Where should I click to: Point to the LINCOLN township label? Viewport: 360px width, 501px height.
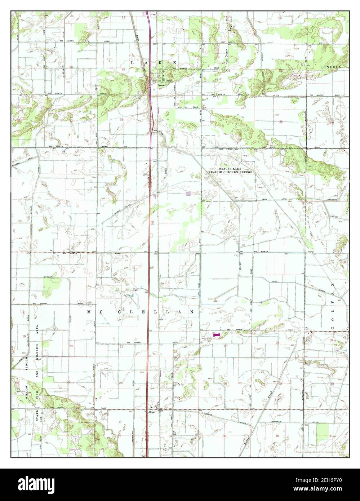(x=331, y=67)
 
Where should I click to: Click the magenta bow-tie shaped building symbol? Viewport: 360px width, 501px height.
(x=216, y=335)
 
